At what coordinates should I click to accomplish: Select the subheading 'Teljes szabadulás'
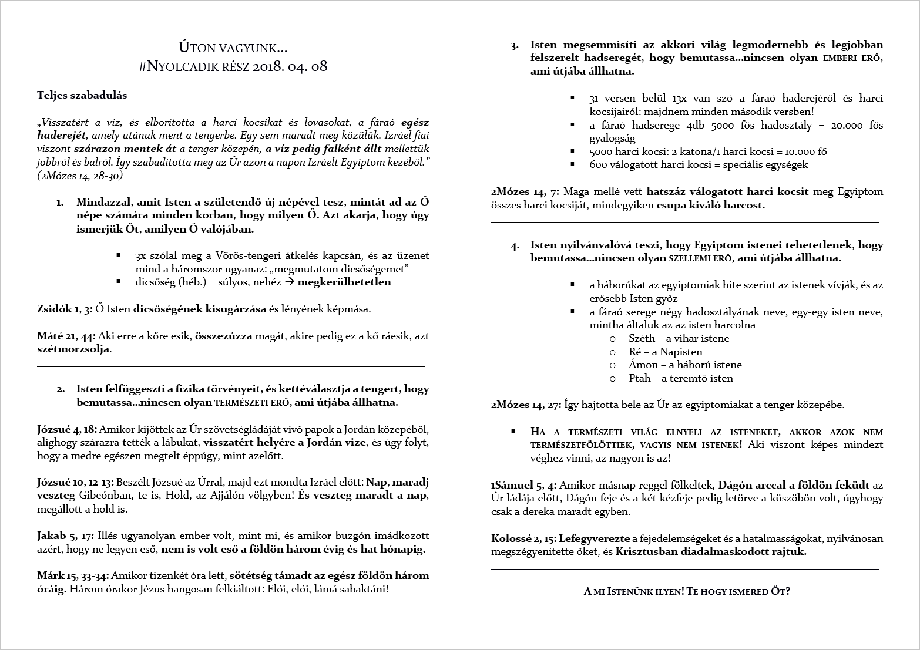pos(82,95)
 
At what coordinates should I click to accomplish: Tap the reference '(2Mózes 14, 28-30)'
pos(80,176)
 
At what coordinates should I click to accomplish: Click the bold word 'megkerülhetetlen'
pos(344,282)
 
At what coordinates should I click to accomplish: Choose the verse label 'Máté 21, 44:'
pos(66,336)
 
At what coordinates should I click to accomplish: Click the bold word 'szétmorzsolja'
pos(73,349)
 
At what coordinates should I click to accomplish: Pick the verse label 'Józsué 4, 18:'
pos(67,429)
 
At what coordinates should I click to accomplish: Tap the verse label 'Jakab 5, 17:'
pos(65,536)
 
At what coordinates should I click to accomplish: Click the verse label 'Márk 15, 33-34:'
pos(73,576)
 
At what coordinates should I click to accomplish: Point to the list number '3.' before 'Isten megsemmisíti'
pos(515,45)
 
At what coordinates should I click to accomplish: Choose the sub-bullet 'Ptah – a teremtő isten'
pos(680,379)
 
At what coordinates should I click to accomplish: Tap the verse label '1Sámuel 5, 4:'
pos(523,486)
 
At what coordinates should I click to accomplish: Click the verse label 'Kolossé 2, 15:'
pos(523,538)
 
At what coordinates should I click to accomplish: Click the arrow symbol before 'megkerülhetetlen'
pos(290,282)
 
